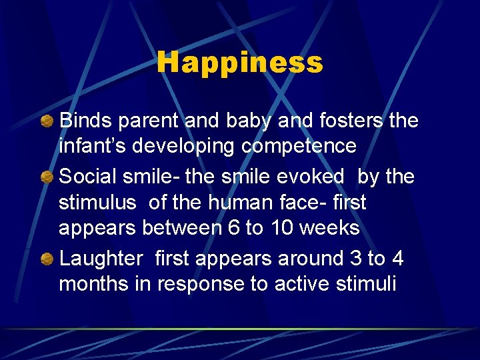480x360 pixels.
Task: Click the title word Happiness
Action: [x=240, y=63]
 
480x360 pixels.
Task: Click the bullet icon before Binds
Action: [x=47, y=121]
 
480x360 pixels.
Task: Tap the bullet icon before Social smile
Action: [x=47, y=177]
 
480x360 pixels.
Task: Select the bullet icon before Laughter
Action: [x=47, y=259]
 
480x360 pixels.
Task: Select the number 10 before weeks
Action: [x=282, y=228]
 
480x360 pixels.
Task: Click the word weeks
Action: [x=329, y=228]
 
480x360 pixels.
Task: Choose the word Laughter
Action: [x=101, y=259]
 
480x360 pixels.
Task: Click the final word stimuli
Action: [x=367, y=284]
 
